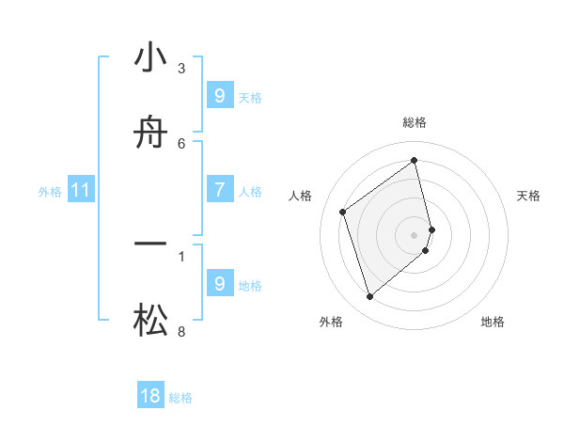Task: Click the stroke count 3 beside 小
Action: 181,68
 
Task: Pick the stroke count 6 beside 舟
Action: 181,143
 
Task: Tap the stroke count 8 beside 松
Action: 181,331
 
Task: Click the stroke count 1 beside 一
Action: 181,255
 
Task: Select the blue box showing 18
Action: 150,396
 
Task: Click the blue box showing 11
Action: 81,190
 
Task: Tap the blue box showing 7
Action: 220,190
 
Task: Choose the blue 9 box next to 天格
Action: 220,96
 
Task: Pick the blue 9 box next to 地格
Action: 220,283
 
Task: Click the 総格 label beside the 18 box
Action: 180,398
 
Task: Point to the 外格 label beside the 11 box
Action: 50,192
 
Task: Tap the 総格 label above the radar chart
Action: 415,122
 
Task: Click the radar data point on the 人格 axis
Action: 343,212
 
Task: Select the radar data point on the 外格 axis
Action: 369,296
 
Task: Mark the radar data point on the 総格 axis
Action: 415,161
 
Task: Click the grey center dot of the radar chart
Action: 415,234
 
